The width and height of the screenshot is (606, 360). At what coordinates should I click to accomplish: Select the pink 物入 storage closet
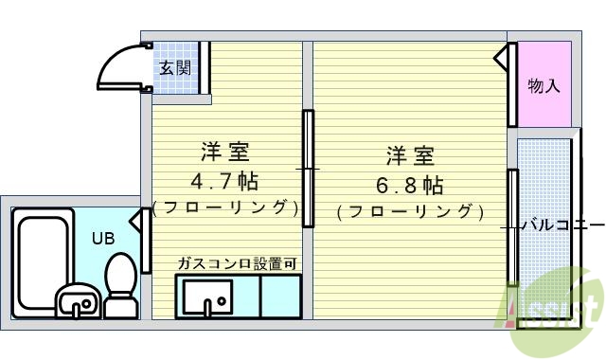click(x=544, y=85)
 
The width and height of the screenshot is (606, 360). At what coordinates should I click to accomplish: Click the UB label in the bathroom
click(x=102, y=238)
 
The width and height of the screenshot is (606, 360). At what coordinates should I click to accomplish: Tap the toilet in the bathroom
click(x=120, y=284)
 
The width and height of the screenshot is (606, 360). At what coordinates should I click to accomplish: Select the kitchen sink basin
click(x=206, y=299)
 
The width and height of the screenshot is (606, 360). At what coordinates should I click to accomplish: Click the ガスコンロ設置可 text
click(x=237, y=262)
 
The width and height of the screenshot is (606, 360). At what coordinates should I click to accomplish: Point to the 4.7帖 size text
click(x=226, y=180)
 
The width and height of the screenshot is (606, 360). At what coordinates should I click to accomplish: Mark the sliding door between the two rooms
click(x=308, y=169)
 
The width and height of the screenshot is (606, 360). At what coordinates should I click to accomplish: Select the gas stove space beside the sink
click(x=280, y=296)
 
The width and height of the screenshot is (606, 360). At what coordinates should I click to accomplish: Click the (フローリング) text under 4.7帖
click(x=225, y=207)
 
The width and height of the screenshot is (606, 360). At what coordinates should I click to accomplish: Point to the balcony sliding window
click(x=511, y=227)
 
